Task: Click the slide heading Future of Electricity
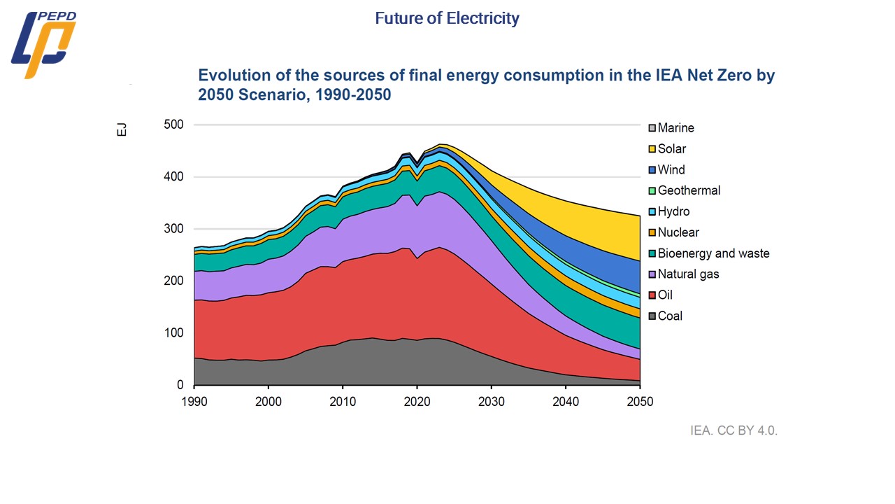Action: [x=447, y=18]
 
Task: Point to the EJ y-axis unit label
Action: [x=122, y=129]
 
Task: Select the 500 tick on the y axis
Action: [x=173, y=125]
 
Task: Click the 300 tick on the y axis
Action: [x=173, y=229]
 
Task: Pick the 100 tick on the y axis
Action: [x=173, y=333]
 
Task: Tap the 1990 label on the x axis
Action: [x=194, y=401]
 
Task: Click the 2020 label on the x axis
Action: [x=417, y=401]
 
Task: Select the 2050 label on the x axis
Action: [x=640, y=401]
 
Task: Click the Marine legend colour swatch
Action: [x=651, y=128]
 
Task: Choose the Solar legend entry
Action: [x=671, y=149]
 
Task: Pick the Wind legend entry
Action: [x=671, y=170]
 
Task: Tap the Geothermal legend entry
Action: [x=688, y=190]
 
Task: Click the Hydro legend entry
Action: [x=673, y=211]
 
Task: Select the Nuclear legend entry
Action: [x=678, y=232]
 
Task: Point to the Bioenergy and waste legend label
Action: [x=713, y=253]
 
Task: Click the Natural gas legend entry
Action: [x=687, y=274]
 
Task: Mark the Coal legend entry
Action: [x=669, y=316]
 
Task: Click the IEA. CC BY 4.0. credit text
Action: [x=733, y=430]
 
